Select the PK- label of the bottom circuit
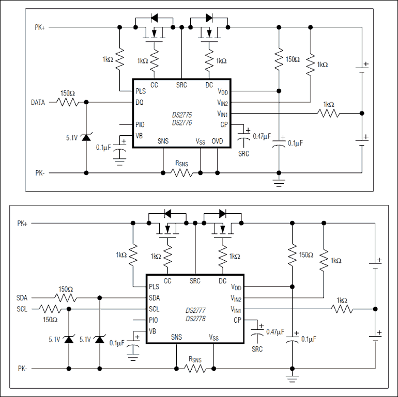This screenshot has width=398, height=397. (22, 369)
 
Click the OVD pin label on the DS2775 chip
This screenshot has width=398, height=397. (218, 140)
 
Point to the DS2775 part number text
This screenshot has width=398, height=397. (182, 116)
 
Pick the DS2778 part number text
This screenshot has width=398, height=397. (195, 318)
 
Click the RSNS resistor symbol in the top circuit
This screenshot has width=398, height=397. (181, 172)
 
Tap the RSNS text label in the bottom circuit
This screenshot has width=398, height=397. (195, 359)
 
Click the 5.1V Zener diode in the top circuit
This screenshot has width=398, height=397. (85, 138)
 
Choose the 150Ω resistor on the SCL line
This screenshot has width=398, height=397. (50, 309)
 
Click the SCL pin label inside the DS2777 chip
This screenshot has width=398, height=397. (154, 309)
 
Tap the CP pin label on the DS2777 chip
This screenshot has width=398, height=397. (237, 320)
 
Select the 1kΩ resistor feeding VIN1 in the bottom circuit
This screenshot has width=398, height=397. (342, 309)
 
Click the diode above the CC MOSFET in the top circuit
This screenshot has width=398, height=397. (154, 18)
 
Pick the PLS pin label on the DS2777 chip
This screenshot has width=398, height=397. (154, 287)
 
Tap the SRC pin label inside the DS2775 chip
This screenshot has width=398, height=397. (181, 85)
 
